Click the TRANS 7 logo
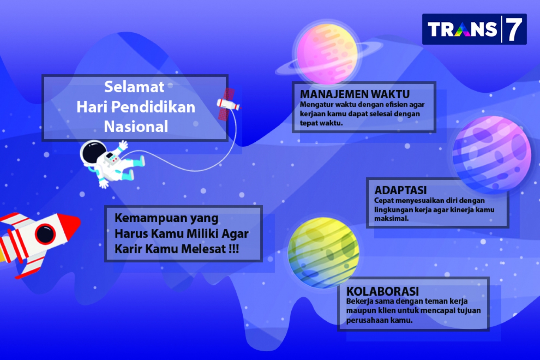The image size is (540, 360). coord(474,29)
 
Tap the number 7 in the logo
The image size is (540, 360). coord(514,29)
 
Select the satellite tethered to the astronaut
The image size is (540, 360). coord(228,104)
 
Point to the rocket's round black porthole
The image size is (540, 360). coord(45,234)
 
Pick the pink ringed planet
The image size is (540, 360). coord(327,54)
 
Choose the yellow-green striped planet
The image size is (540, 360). coord(324,253)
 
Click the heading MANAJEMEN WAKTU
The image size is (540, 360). coord(354,94)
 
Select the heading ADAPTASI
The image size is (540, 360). coord(400,190)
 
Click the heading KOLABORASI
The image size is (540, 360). coord(382,291)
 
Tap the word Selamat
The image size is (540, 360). coord(134,86)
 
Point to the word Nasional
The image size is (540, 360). coord(136,127)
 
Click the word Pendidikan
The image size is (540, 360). coord(153,107)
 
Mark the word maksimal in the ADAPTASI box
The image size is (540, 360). coord(391,218)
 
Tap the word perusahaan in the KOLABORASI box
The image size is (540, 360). coord(367,321)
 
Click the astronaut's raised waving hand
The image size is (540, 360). coord(123,145)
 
